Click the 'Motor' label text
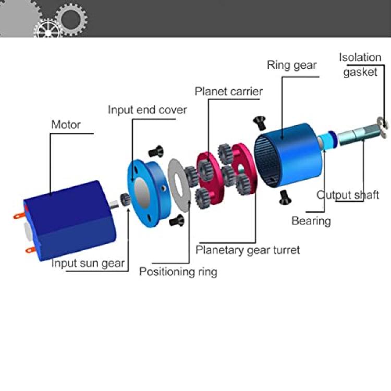[66, 125]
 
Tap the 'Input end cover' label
[147, 109]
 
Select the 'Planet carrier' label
[228, 91]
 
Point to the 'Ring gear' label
[292, 65]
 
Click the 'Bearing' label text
[311, 221]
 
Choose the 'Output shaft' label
[348, 195]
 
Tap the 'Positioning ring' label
[178, 272]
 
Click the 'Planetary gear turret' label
[248, 250]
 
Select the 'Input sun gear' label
[88, 263]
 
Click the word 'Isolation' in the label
[360, 57]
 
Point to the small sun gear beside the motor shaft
[126, 199]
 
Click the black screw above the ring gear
[260, 123]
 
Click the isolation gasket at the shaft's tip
[382, 127]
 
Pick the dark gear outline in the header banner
[71, 19]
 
